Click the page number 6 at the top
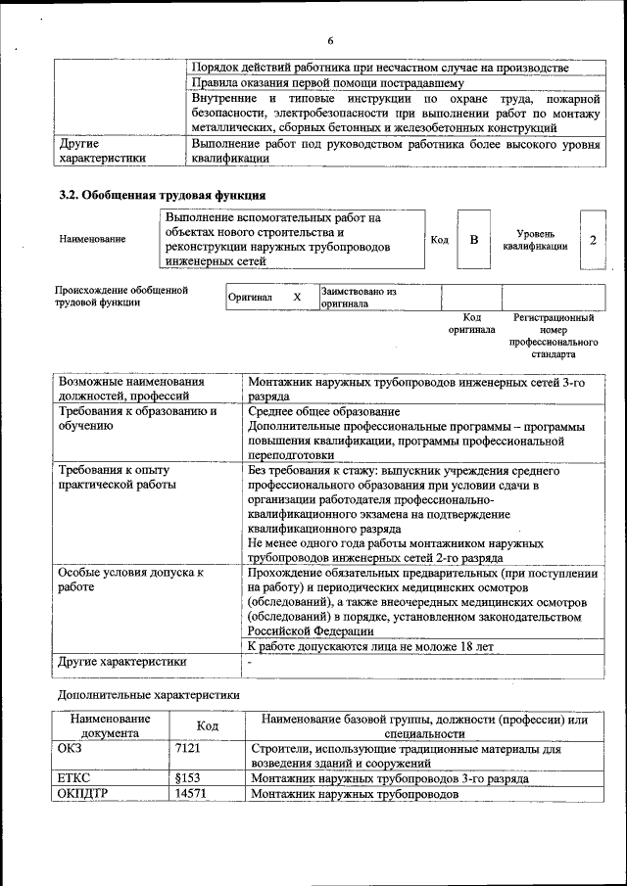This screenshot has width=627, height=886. click(330, 40)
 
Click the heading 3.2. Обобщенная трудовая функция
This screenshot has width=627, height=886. click(163, 195)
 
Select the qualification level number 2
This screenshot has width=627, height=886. click(593, 240)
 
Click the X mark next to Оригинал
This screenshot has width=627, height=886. click(297, 297)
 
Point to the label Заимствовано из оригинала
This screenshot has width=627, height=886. click(359, 298)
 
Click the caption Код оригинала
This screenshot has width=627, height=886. click(471, 324)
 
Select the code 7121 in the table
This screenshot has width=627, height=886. click(187, 748)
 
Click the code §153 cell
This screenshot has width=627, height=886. click(187, 778)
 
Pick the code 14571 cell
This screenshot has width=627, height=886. click(190, 794)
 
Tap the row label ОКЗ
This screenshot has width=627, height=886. click(73, 748)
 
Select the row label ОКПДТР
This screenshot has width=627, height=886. click(83, 794)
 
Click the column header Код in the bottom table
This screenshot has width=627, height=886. click(207, 725)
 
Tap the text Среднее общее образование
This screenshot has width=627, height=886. click(323, 411)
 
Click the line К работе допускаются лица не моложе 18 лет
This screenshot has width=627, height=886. click(370, 646)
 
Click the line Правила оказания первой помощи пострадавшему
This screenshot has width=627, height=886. click(334, 83)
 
